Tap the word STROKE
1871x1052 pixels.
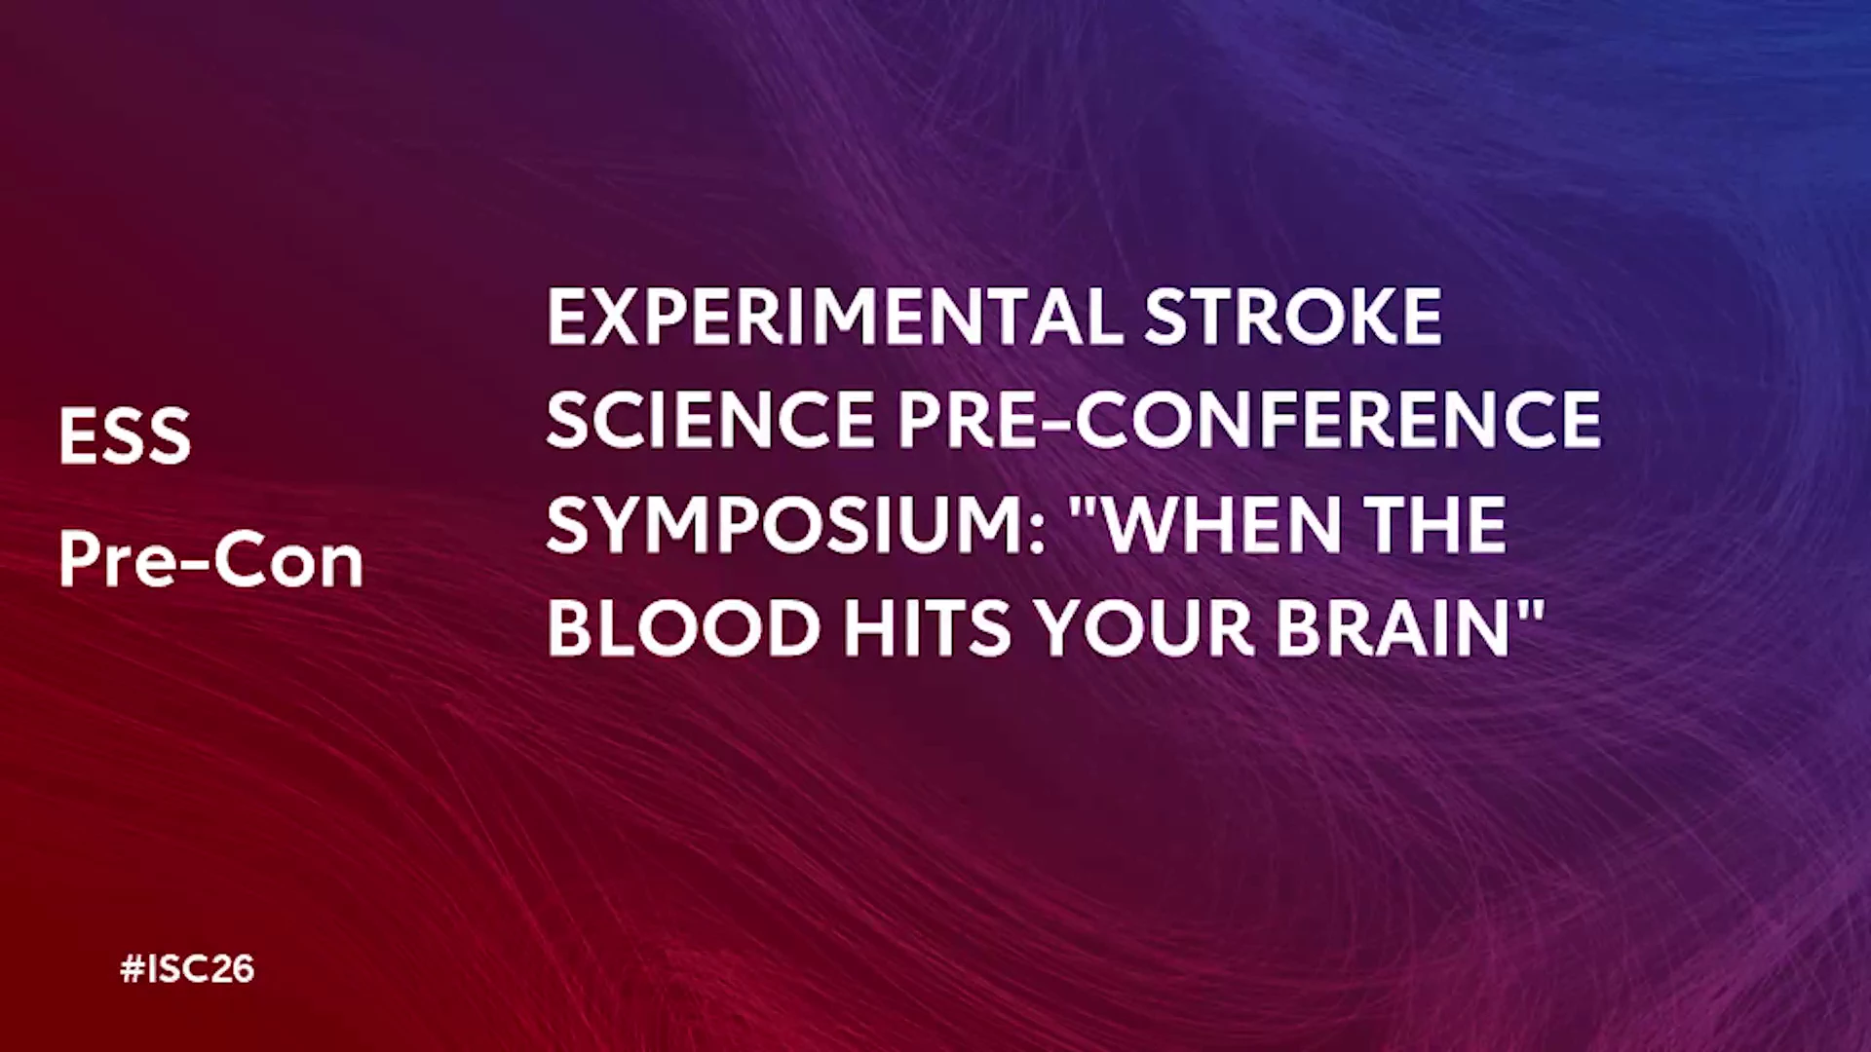pyautogui.click(x=1293, y=317)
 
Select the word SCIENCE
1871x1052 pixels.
pyautogui.click(x=710, y=420)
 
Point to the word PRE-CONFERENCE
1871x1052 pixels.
pyautogui.click(x=1249, y=420)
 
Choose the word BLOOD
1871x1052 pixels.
pyautogui.click(x=684, y=627)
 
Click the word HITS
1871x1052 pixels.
pyautogui.click(x=928, y=627)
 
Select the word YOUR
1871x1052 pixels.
pyautogui.click(x=1144, y=627)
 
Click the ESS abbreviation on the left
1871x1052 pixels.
pyautogui.click(x=125, y=435)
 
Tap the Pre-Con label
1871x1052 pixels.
pyautogui.click(x=210, y=560)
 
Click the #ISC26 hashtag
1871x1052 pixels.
pyautogui.click(x=187, y=969)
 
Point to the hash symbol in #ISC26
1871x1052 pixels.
pyautogui.click(x=132, y=969)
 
